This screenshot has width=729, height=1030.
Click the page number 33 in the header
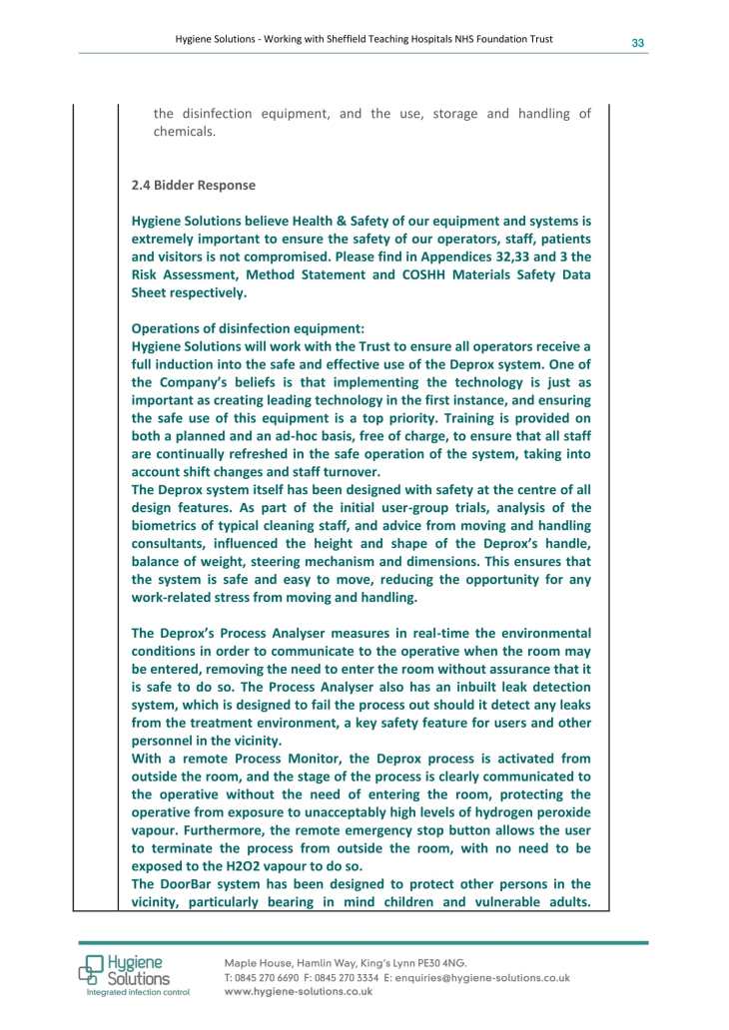coord(636,43)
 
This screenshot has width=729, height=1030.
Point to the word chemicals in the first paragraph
coord(184,132)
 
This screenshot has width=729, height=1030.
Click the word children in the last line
coord(431,902)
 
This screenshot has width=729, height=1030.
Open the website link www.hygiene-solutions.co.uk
coord(299,993)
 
